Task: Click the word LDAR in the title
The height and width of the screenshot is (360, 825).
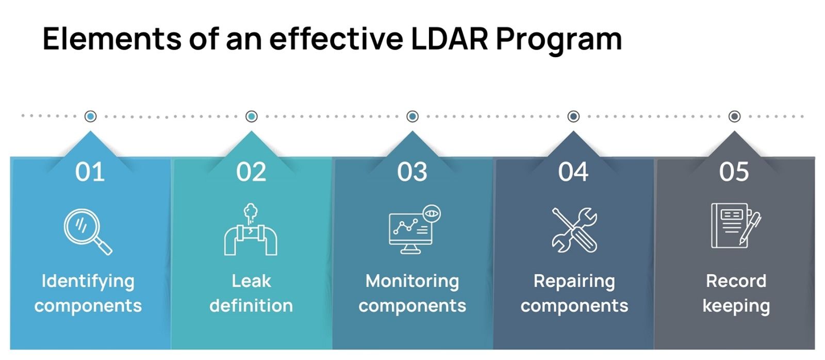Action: tap(449, 39)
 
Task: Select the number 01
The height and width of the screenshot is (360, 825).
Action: tap(90, 172)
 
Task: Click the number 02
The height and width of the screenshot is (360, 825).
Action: tap(251, 172)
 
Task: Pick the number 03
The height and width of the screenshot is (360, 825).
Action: tap(412, 172)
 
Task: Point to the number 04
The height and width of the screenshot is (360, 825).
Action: tap(573, 172)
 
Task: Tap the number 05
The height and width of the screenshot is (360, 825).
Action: tap(734, 172)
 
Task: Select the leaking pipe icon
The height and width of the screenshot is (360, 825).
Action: tap(251, 230)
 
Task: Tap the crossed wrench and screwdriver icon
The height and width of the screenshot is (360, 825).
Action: tap(574, 230)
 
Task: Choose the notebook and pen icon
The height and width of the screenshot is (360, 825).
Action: tap(735, 225)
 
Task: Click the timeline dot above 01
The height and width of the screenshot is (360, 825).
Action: tap(90, 117)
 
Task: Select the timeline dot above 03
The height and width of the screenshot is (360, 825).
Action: tap(412, 117)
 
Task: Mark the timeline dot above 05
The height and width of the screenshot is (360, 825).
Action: tap(734, 117)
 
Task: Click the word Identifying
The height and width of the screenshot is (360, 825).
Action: tap(88, 282)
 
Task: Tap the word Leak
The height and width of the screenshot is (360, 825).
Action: tap(251, 281)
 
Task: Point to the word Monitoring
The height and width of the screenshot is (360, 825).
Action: tap(412, 282)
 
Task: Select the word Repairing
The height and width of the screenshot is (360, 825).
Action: tap(574, 282)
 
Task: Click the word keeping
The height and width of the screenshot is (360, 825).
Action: tap(736, 306)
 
